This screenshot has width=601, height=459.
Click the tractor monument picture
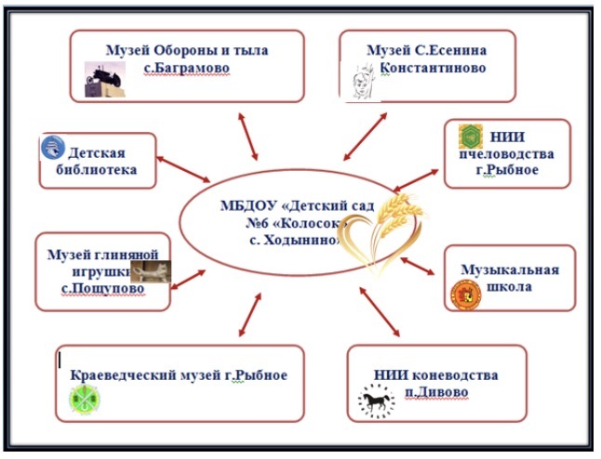tap(104, 79)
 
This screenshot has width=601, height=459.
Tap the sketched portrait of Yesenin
tap(362, 83)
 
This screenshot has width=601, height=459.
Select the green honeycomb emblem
tap(471, 137)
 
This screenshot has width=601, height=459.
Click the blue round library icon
tap(53, 148)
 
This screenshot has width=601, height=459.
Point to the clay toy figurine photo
tap(151, 272)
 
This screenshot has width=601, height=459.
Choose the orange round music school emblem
tap(466, 295)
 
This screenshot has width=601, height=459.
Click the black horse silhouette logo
tap(376, 401)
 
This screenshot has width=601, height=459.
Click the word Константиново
tap(434, 68)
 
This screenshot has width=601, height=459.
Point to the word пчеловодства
tap(507, 154)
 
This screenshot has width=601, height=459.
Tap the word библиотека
tap(97, 169)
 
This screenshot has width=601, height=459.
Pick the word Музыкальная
tap(510, 269)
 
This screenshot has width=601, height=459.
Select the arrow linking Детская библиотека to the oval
tap(183, 169)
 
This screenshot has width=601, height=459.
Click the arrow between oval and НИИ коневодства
tap(380, 311)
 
